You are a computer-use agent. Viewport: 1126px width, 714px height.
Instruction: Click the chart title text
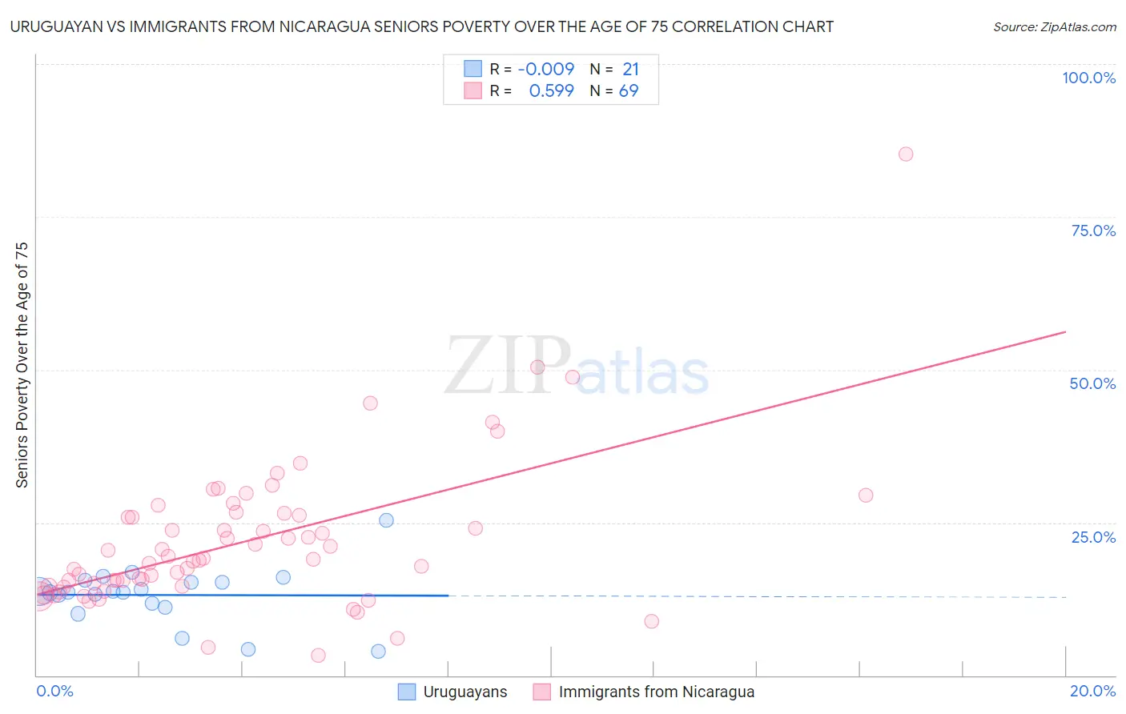[x=421, y=27]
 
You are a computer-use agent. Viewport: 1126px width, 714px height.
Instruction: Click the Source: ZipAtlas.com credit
[x=1054, y=27]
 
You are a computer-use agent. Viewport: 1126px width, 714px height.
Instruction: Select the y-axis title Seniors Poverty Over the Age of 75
[x=22, y=365]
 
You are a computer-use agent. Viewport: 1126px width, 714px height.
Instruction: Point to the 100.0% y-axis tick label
[x=1088, y=78]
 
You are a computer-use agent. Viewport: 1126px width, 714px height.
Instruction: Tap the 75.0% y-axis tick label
[x=1093, y=231]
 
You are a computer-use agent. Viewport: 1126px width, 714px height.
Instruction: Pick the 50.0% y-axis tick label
[x=1092, y=383]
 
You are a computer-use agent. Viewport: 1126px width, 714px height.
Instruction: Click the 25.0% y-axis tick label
[x=1093, y=537]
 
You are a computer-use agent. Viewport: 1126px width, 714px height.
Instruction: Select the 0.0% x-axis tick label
[x=54, y=691]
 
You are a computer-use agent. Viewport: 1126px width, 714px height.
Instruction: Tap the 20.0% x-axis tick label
[x=1092, y=691]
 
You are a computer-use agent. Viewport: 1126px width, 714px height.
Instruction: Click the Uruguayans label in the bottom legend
[x=464, y=692]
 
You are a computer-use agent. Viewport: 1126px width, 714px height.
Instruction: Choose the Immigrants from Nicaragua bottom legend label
[x=656, y=692]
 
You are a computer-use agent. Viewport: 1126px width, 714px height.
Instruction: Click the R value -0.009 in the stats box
[x=546, y=70]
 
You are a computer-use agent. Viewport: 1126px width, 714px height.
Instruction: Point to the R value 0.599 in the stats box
[x=551, y=91]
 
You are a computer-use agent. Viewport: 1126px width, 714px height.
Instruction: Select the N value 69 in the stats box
[x=629, y=91]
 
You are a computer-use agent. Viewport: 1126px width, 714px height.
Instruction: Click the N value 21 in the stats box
[x=630, y=70]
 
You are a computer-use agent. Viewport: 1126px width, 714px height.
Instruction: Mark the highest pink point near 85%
[x=905, y=154]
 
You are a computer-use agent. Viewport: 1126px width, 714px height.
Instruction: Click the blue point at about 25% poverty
[x=386, y=520]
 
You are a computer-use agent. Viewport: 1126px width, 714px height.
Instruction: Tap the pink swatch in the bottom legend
[x=542, y=692]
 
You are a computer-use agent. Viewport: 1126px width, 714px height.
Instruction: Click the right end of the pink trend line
[x=1065, y=331]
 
